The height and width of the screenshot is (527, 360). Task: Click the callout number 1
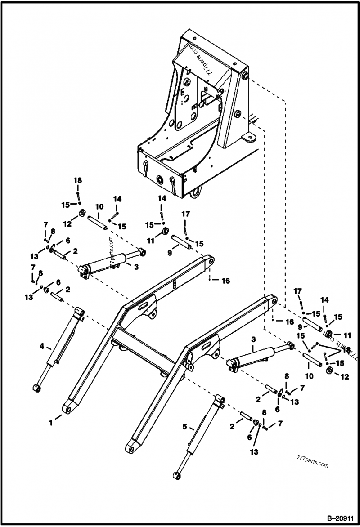point(51,422)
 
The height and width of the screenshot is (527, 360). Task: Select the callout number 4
point(42,346)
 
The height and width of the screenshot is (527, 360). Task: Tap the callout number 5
point(184,426)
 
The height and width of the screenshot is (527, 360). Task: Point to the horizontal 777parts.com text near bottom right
point(313,465)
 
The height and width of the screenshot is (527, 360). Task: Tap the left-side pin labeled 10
point(97,222)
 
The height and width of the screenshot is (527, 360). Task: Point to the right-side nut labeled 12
point(329,370)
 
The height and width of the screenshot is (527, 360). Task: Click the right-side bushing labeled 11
point(328,334)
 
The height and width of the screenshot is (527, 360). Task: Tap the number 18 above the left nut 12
point(78,180)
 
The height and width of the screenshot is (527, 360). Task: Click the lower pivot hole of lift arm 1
point(69,408)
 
